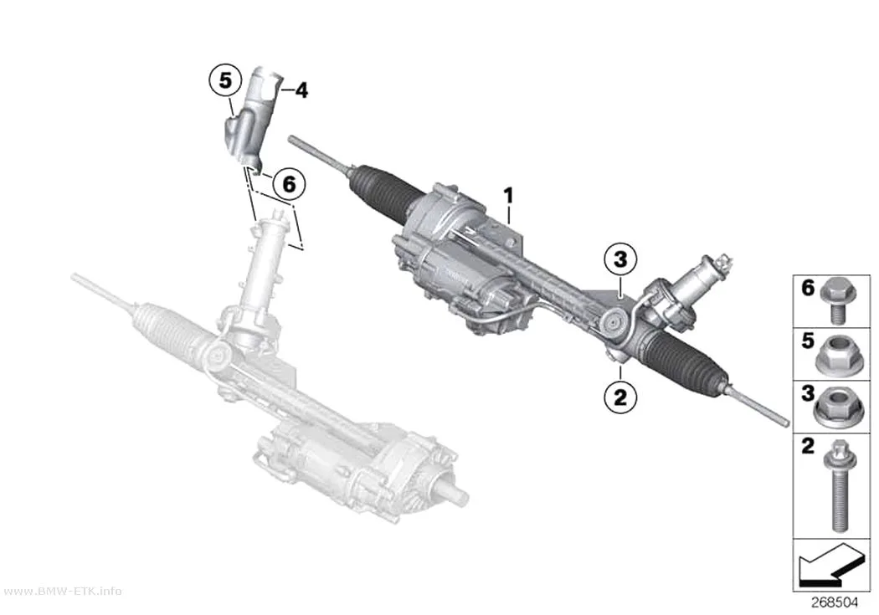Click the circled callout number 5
(x=225, y=80)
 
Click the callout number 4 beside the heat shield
(x=301, y=90)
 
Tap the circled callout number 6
(x=289, y=184)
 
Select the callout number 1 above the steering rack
(x=508, y=196)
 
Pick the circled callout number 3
(x=620, y=259)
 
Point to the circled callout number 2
(x=620, y=397)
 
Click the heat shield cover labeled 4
(x=251, y=119)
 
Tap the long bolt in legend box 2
(x=839, y=485)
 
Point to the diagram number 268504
(x=835, y=602)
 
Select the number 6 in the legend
(x=808, y=288)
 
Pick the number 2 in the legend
(x=808, y=447)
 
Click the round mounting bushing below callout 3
(x=615, y=323)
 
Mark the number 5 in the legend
(x=808, y=341)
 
